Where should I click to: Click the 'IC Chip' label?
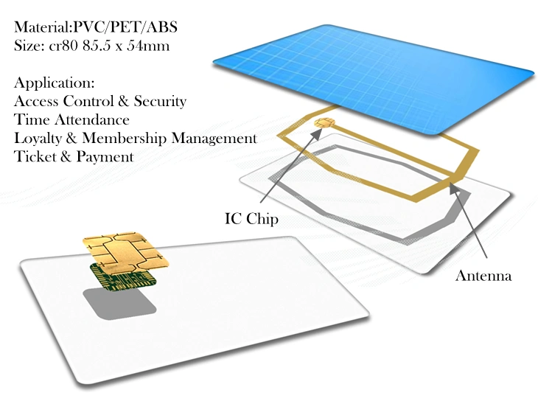[x=251, y=219]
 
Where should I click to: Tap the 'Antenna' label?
[x=483, y=276]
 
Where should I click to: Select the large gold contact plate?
[x=125, y=250]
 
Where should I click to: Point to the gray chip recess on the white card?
[x=119, y=303]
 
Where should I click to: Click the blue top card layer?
[x=374, y=79]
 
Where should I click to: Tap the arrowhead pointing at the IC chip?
[x=317, y=133]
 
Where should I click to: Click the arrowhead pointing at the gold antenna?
[x=453, y=187]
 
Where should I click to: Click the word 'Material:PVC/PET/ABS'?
[x=96, y=27]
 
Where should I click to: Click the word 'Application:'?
[x=55, y=83]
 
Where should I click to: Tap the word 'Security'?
[x=160, y=101]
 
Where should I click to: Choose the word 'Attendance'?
[x=91, y=119]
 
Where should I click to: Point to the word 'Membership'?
[x=125, y=139]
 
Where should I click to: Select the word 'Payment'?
[x=105, y=157]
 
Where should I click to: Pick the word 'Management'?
[x=214, y=139]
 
